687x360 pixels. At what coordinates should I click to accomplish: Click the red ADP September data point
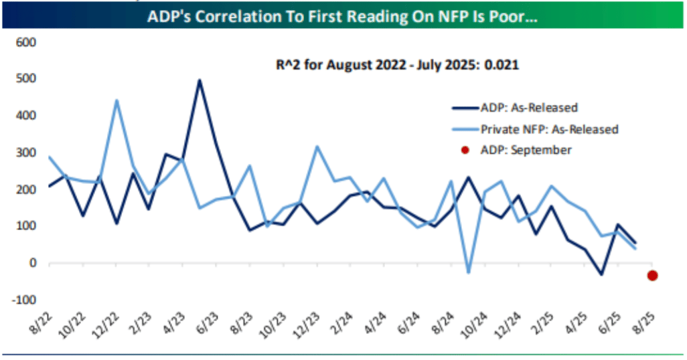click(652, 275)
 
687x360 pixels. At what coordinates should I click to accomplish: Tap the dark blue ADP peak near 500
click(199, 81)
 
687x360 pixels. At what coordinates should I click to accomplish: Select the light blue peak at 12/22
click(117, 100)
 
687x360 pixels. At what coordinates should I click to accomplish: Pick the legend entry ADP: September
click(525, 150)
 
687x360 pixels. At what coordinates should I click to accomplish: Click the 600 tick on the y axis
click(25, 43)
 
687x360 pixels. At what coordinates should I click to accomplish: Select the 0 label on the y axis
click(31, 263)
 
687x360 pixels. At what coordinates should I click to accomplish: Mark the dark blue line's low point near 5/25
click(602, 274)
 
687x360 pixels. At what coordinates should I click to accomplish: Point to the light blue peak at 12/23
click(317, 147)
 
